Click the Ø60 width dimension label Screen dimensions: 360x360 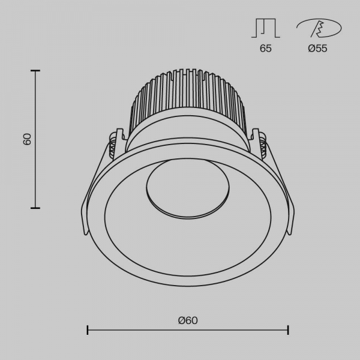[188, 320]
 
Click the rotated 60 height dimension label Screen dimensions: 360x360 [27, 139]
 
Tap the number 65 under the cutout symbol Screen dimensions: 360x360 [265, 49]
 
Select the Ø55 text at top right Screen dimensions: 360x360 [317, 49]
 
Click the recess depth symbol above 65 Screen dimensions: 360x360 [265, 28]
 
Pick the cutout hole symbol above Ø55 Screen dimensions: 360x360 [319, 28]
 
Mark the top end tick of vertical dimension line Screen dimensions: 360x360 [35, 71]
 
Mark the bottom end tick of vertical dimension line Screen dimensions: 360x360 [35, 208]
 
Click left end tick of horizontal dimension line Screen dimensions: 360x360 [88, 330]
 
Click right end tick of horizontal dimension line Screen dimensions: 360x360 [289, 330]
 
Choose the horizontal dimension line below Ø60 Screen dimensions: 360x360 [188, 330]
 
